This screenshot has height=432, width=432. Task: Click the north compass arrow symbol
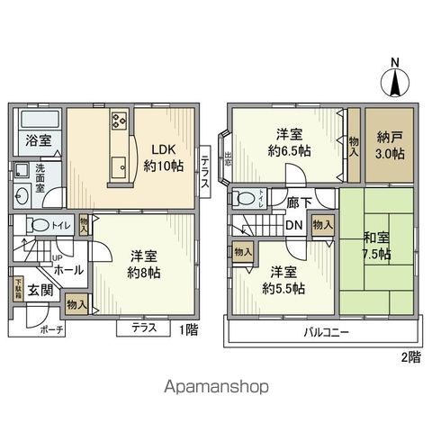(393, 83)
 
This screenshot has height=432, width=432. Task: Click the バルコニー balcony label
(327, 332)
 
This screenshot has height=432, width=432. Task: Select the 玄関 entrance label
(39, 290)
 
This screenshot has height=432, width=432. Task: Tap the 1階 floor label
(188, 330)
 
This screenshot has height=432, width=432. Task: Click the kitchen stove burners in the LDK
(121, 122)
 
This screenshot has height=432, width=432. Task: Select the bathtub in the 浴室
(39, 121)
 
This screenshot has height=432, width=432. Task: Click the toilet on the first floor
(37, 225)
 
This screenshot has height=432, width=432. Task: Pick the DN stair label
(293, 226)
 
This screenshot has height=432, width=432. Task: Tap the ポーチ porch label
(52, 330)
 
